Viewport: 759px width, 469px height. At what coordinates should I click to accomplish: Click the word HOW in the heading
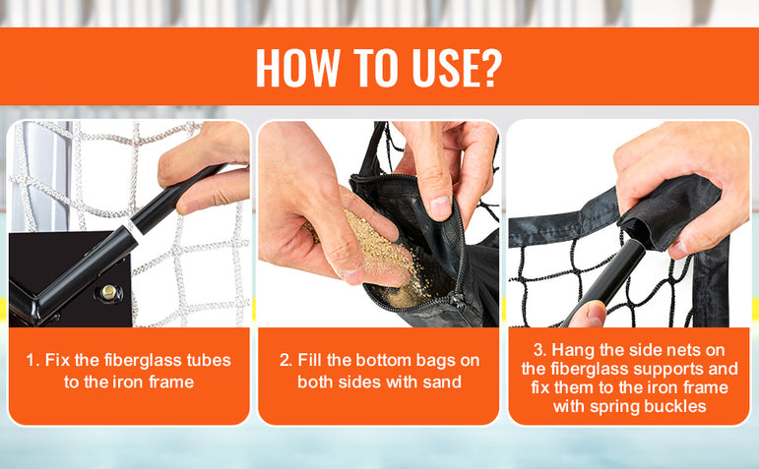[297, 67]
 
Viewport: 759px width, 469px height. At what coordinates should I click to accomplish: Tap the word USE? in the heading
[457, 67]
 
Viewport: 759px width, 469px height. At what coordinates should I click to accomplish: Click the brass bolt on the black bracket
[109, 292]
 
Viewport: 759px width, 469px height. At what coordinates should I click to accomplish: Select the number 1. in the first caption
[32, 360]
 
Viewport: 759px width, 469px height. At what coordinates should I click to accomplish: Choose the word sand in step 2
[441, 381]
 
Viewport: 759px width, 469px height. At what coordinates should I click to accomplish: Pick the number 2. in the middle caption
[285, 360]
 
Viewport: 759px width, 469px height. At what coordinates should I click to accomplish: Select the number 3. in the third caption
[540, 350]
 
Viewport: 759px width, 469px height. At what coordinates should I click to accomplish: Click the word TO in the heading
[376, 67]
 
